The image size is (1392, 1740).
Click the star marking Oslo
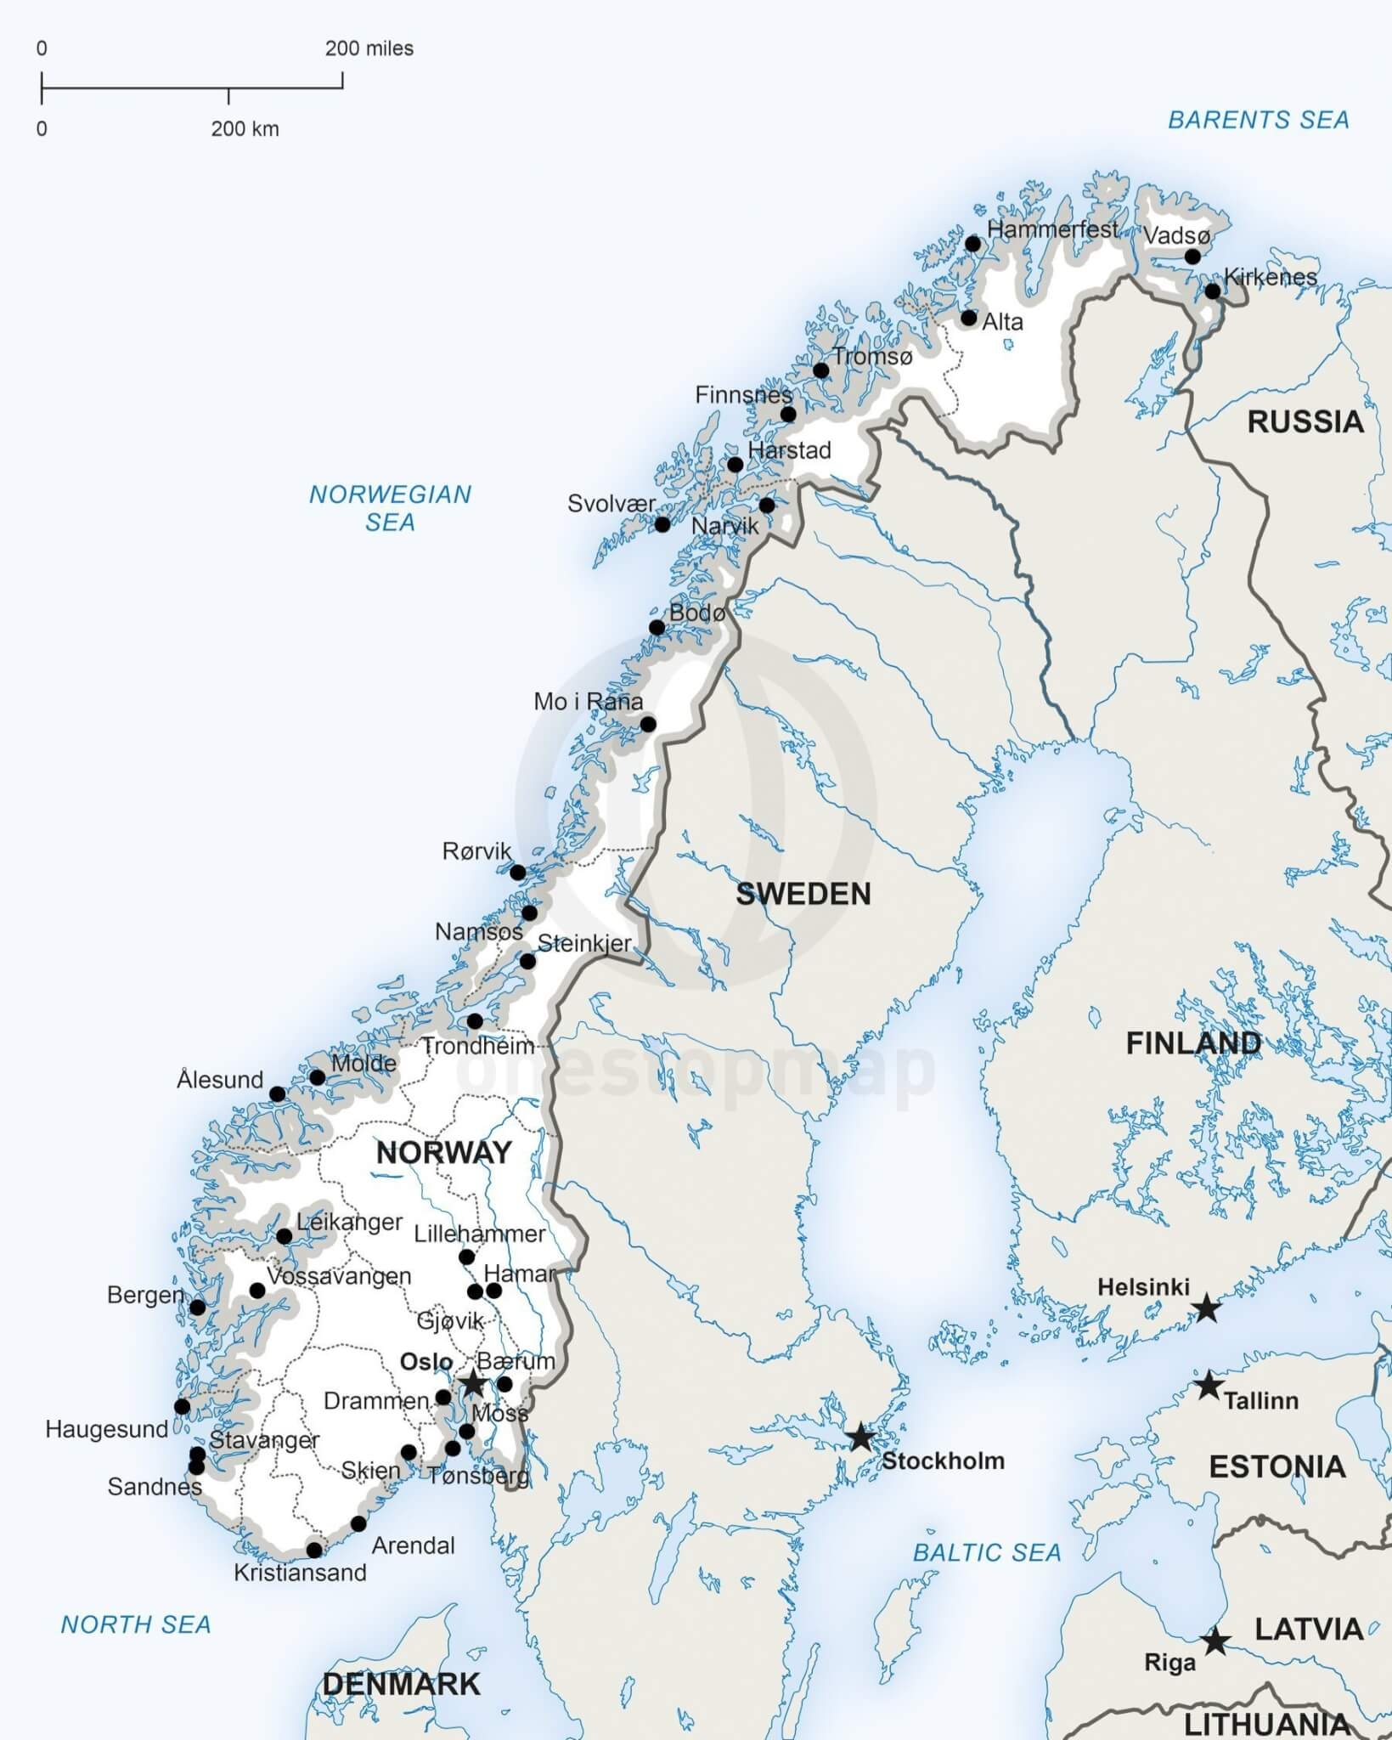pos(472,1384)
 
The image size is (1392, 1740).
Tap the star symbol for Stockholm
pos(860,1438)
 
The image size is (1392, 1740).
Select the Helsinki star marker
pos(1206,1308)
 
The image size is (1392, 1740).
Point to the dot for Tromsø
pos(820,370)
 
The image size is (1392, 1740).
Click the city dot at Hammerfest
pos(972,245)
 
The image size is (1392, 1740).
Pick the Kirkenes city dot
pos(1213,291)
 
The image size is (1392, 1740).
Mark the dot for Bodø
pos(657,628)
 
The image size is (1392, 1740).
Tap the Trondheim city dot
pos(475,1021)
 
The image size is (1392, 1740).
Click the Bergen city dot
pos(197,1308)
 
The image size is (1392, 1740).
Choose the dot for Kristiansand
pos(314,1551)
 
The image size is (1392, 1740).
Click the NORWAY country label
pos(443,1153)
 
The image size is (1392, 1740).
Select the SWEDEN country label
pos(803,894)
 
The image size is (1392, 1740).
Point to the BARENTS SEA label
pos(1258,121)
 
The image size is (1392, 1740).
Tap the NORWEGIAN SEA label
pos(390,508)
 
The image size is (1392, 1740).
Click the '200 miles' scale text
pos(369,49)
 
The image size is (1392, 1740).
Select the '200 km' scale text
pos(245,129)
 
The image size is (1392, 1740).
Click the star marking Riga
pos(1214,1641)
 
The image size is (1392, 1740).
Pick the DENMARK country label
pos(401,1684)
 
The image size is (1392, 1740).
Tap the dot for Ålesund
pos(277,1094)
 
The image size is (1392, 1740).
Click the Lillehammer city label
pos(479,1234)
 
